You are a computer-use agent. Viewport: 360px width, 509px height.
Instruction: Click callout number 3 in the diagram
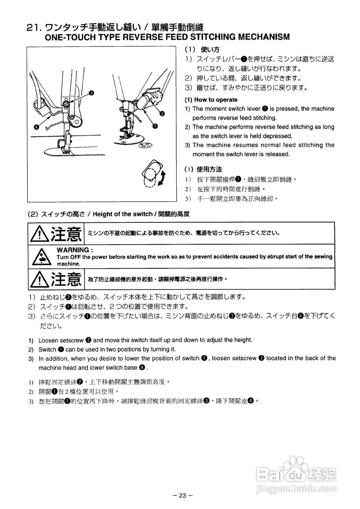click(x=91, y=93)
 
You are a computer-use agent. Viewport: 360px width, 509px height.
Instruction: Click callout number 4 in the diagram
click(x=37, y=127)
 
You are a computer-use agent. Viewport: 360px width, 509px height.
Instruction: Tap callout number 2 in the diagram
click(x=162, y=113)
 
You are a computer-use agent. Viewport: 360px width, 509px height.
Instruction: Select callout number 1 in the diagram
click(x=154, y=126)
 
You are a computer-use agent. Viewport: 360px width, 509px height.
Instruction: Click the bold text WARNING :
click(x=75, y=250)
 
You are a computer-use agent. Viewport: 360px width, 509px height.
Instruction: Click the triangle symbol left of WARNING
click(x=40, y=256)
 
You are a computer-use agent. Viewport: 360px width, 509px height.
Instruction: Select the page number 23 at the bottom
click(x=183, y=495)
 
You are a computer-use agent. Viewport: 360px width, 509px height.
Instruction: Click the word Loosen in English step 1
click(x=48, y=340)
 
